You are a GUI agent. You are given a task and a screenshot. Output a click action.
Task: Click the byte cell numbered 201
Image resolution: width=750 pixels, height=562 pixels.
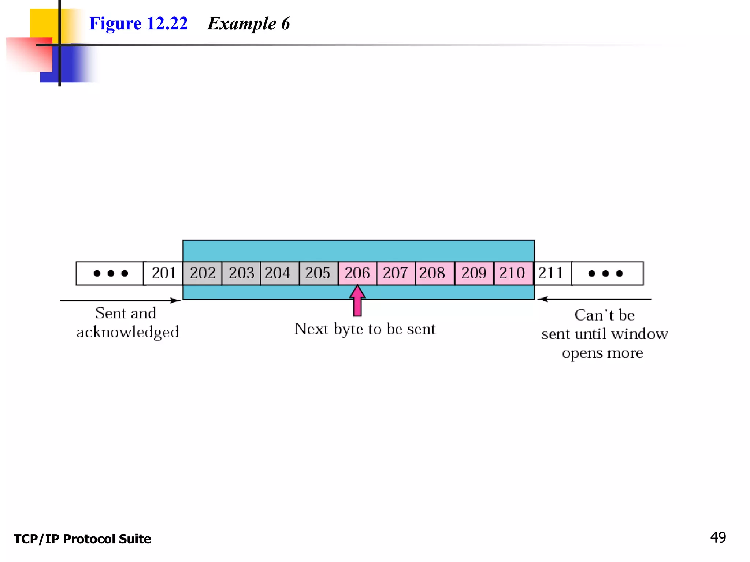tap(163, 273)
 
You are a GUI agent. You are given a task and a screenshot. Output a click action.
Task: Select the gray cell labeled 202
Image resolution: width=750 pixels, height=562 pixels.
tap(203, 273)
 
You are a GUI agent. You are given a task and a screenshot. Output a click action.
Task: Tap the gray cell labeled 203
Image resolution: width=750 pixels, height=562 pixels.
tap(241, 273)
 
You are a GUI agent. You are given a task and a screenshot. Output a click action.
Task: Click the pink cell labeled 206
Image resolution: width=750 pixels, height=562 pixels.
tap(357, 273)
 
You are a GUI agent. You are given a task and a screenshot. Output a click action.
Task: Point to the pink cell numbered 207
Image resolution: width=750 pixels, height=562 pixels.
tap(396, 273)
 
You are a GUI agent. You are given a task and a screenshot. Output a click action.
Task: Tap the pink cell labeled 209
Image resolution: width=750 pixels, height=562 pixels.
tap(474, 273)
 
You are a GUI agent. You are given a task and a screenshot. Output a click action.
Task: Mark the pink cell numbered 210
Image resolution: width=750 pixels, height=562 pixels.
tap(513, 273)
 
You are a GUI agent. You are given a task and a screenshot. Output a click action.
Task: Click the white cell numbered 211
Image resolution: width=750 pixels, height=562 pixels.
tap(552, 273)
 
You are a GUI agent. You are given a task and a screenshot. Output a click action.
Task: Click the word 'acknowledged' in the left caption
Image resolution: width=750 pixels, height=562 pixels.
tap(127, 332)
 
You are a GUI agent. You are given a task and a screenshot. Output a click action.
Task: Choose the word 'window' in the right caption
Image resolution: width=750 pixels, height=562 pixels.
tap(639, 334)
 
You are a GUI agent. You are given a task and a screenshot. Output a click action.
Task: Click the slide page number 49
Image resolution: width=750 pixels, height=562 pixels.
tap(718, 537)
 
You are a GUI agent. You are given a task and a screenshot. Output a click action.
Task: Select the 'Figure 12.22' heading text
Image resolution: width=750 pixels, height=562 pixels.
tap(138, 24)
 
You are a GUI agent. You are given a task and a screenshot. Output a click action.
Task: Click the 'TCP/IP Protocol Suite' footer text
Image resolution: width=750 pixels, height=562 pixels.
tap(82, 539)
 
